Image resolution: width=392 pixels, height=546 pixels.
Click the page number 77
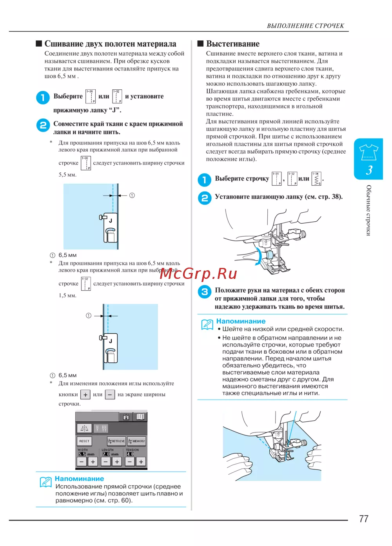pos(363,519)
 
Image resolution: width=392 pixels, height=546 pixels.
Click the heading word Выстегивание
pos(233,44)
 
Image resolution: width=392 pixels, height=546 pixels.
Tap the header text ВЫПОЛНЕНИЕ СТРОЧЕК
pos(305,26)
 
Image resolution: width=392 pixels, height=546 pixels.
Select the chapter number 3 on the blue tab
pos(369,170)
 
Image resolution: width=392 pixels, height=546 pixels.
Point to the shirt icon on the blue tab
pos(368,152)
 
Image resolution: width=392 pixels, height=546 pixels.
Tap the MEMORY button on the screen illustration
pos(136,441)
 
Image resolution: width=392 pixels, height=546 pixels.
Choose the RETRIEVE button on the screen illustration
pos(116,441)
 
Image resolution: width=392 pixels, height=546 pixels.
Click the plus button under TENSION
pos(141,462)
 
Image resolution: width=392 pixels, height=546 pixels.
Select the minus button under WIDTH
pos(82,462)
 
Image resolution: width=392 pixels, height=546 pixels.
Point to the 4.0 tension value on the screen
pos(130,454)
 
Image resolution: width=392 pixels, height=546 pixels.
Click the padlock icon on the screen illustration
pos(126,417)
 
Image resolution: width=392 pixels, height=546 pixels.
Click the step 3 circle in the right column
pos(204,292)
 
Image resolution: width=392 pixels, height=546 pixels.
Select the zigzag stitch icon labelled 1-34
pos(316,179)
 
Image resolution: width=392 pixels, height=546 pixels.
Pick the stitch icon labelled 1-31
pos(277,179)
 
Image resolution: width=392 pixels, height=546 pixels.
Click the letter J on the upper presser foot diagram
pos(111,221)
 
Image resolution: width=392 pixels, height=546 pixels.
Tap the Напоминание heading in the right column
pos(241,321)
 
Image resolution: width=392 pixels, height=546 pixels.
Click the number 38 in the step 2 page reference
pos(336,197)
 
